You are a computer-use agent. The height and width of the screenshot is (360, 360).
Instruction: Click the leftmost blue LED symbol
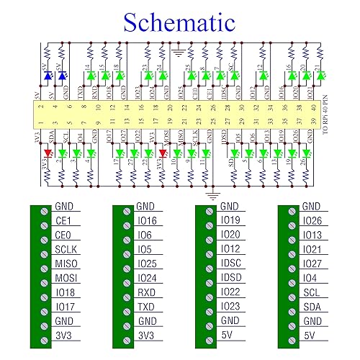(x=48, y=75)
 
